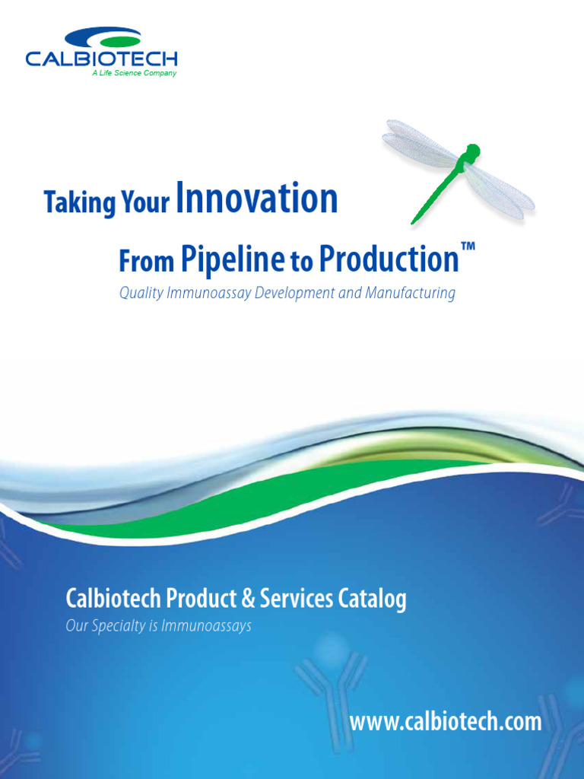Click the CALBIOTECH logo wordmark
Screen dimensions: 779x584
(x=101, y=59)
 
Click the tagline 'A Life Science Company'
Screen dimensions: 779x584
(x=134, y=74)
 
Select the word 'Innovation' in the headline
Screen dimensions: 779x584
(x=256, y=199)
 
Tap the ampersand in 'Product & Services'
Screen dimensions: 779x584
(x=249, y=599)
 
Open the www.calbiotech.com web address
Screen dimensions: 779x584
(x=446, y=722)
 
